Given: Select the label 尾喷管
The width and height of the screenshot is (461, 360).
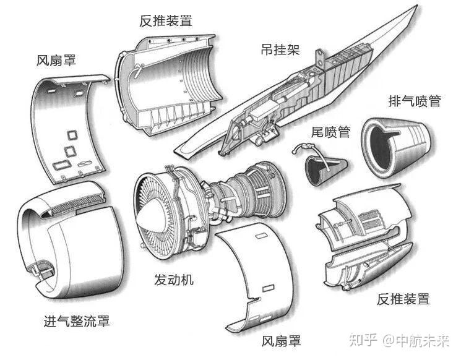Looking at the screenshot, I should click(330, 132).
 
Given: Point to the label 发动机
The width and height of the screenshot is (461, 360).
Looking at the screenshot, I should click(174, 280).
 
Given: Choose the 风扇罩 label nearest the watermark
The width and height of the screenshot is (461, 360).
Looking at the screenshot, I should click(281, 341).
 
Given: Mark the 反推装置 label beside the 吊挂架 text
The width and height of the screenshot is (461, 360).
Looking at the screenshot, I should click(165, 20).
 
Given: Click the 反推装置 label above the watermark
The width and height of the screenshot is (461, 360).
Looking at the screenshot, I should click(403, 299).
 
